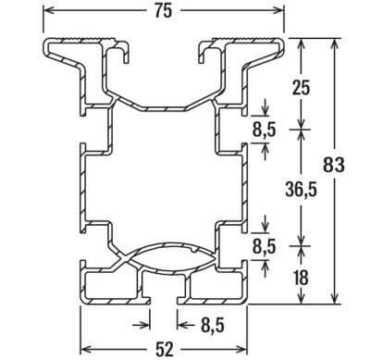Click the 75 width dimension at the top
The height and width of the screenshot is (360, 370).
tap(163, 11)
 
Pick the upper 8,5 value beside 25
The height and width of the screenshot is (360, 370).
tap(265, 130)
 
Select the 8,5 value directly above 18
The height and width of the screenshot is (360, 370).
tap(265, 247)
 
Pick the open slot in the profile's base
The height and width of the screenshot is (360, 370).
tap(164, 294)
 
